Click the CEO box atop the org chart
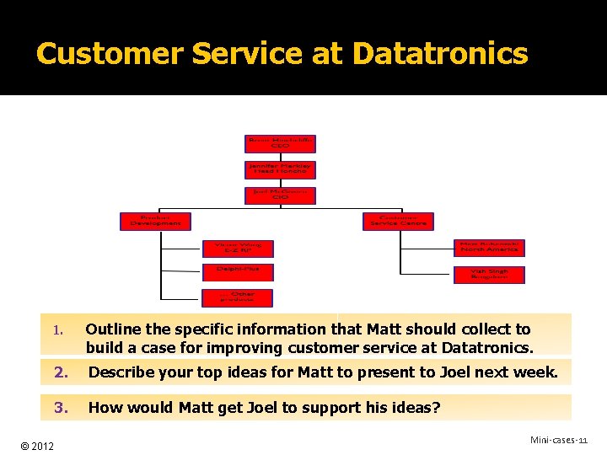pyautogui.click(x=280, y=143)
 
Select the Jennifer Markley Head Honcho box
pyautogui.click(x=280, y=169)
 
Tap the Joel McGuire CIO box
pyautogui.click(x=280, y=195)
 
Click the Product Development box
pyautogui.click(x=155, y=221)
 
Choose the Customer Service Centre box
pyautogui.click(x=398, y=221)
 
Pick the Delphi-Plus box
pyautogui.click(x=237, y=271)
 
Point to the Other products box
pyautogui.click(x=237, y=297)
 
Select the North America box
pyautogui.click(x=490, y=248)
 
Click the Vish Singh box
pyautogui.click(x=490, y=275)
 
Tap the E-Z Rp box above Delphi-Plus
pyautogui.click(x=237, y=248)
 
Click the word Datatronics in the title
pyautogui.click(x=440, y=54)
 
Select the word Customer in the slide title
pyautogui.click(x=110, y=54)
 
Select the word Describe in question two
pyautogui.click(x=122, y=372)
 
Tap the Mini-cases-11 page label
pyautogui.click(x=558, y=441)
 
